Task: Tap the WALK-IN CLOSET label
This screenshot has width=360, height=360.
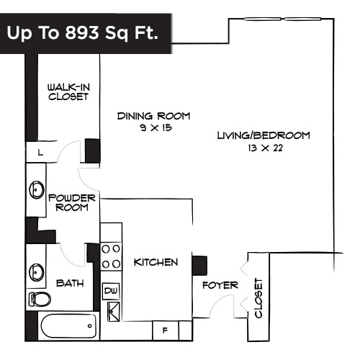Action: pos(68,91)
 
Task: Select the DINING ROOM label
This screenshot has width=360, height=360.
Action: pos(153,116)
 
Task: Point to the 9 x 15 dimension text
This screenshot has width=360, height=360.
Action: pos(153,127)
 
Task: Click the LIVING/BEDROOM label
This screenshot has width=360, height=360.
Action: pos(264,135)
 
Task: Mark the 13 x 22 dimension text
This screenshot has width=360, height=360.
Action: pos(264,148)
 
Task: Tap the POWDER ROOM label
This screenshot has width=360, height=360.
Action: pos(68,202)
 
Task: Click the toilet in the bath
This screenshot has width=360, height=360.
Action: pos(39,298)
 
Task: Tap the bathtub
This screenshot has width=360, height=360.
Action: pos(69,327)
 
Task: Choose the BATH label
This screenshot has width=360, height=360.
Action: pos(70,283)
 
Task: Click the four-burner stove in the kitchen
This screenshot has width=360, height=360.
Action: pos(110,256)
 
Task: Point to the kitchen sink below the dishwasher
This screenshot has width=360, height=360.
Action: pos(112,311)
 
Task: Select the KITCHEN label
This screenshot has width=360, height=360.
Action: pos(156,262)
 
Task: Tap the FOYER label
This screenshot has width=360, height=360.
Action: pos(220,285)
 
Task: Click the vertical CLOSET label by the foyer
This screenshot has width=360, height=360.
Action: pos(258,300)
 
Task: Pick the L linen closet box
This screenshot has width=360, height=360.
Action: pos(40,153)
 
